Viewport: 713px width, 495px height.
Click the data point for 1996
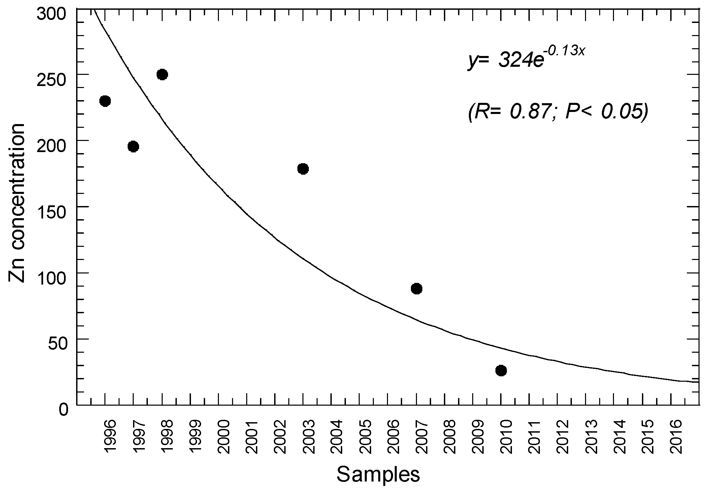(105, 101)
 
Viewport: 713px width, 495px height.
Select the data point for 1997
(133, 147)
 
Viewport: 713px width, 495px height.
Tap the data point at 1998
(162, 75)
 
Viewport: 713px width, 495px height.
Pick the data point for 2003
(303, 169)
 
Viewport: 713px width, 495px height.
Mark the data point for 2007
(416, 289)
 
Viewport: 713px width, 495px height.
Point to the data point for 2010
(501, 371)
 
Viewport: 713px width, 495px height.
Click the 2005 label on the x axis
(365, 437)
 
